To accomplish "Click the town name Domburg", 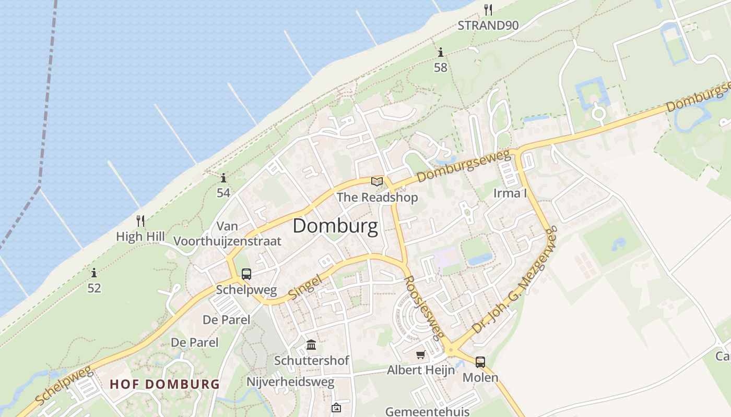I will [x=335, y=226].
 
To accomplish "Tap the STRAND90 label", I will [x=488, y=25].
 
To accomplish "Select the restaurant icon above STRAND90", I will [x=488, y=10].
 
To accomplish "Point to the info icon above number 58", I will [x=441, y=53].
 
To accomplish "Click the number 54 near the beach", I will [x=223, y=193].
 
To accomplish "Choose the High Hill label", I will [x=140, y=237].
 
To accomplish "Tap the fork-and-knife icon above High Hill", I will [x=140, y=221].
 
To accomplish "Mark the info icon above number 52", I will [x=94, y=273].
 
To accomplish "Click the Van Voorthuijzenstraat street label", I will [x=227, y=234].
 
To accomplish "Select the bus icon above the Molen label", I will [x=480, y=362].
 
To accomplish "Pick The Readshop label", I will [x=377, y=198].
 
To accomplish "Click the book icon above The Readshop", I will [x=377, y=182].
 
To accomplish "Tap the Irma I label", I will [x=510, y=193].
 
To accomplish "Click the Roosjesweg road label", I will [x=425, y=308].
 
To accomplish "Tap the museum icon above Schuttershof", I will [x=312, y=345].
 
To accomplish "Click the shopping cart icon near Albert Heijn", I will [x=420, y=355].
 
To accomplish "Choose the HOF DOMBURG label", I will [x=164, y=384].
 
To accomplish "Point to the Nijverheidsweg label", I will [x=290, y=382].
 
